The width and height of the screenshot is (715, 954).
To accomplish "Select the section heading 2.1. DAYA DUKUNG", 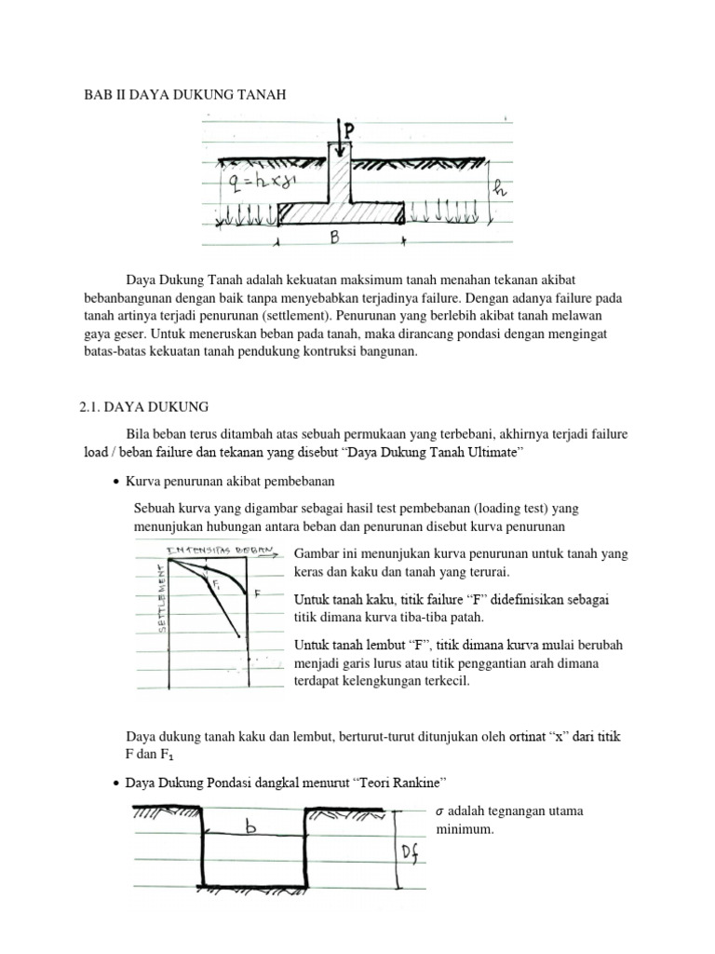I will coord(143,406).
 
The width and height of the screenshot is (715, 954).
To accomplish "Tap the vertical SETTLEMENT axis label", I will coord(163,596).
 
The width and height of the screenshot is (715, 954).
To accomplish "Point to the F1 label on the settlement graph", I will coord(216,586).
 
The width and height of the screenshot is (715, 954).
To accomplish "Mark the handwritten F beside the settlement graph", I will coord(257,592).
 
